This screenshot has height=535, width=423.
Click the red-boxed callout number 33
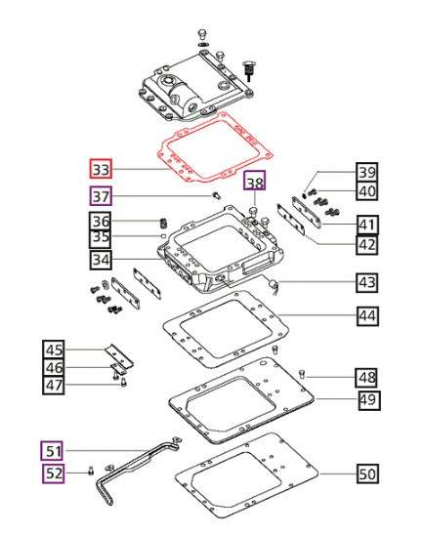point(102,169)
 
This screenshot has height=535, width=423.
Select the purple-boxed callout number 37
point(102,196)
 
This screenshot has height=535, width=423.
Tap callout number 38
point(254,183)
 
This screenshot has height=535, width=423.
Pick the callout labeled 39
point(366,172)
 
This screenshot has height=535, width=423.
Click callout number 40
point(366,191)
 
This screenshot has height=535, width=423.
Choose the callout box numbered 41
point(366,226)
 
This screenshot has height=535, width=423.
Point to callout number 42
point(366,245)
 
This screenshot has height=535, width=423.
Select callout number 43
point(366,283)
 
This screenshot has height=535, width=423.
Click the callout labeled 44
point(366,316)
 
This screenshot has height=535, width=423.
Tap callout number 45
point(54,349)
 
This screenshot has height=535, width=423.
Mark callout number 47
point(54,385)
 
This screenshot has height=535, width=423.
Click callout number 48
point(366,377)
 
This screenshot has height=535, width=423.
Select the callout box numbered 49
point(366,400)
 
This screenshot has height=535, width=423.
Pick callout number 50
point(366,474)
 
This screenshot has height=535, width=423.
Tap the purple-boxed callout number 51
point(53,450)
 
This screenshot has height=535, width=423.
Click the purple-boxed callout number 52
point(53,474)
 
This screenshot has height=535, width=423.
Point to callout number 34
point(102,260)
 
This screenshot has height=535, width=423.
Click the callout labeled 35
point(102,237)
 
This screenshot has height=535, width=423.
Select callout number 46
point(54,367)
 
